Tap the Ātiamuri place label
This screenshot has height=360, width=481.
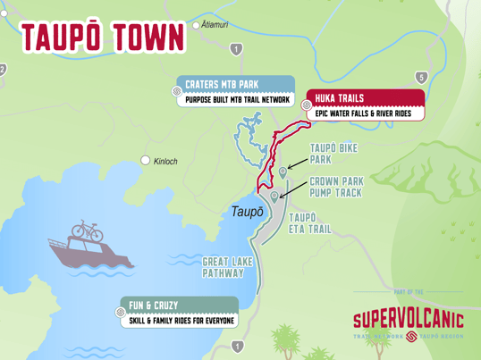[222, 25]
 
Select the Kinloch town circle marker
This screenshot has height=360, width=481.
[146, 161]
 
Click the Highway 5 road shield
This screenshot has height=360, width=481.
[421, 78]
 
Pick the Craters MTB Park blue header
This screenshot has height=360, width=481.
[222, 84]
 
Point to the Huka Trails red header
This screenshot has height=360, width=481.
[338, 98]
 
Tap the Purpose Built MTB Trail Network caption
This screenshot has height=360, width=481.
[238, 100]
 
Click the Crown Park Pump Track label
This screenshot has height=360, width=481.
[336, 185]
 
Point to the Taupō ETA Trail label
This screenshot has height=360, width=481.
[309, 222]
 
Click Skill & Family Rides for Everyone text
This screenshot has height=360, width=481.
[182, 320]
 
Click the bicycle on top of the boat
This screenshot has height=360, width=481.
[87, 230]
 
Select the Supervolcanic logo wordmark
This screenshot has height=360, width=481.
[408, 319]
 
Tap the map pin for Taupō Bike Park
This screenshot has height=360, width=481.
[283, 172]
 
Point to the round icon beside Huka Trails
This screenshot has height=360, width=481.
[307, 105]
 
